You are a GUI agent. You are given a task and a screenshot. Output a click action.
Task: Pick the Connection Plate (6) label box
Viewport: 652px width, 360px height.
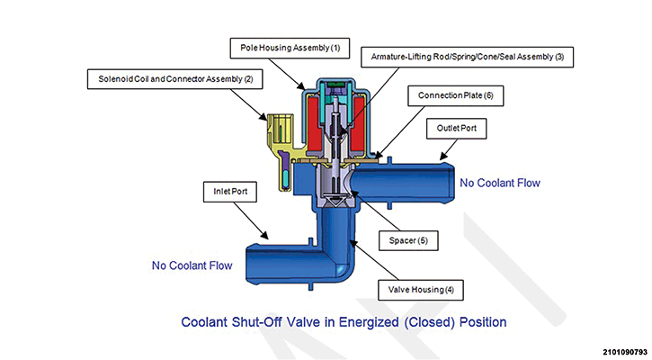tap(457, 94)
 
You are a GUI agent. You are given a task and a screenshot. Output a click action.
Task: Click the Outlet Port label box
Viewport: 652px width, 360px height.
tap(462, 129)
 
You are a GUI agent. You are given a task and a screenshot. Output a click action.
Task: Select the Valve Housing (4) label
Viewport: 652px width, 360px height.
tap(426, 289)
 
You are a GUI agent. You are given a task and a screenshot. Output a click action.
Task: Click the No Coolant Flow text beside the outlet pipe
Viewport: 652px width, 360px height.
tap(499, 183)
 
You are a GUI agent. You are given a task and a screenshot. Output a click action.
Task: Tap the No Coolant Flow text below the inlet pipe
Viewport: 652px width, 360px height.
tap(192, 265)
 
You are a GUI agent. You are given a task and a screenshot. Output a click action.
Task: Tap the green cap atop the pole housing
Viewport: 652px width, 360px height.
tap(334, 87)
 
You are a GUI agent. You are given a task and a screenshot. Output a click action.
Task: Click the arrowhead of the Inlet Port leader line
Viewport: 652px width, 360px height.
tap(267, 237)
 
